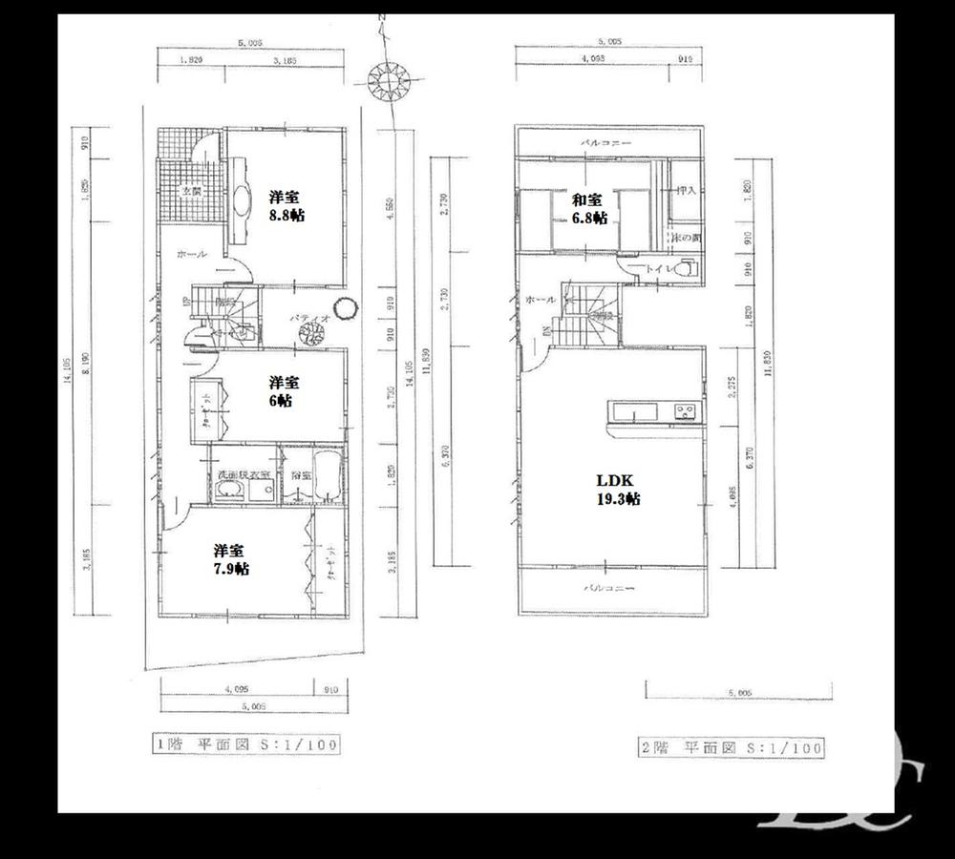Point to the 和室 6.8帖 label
pyautogui.click(x=588, y=209)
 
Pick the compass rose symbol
pyautogui.click(x=389, y=79)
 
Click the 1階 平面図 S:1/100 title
pyautogui.click(x=245, y=744)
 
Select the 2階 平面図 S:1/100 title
pyautogui.click(x=731, y=747)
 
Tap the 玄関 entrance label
pyautogui.click(x=192, y=191)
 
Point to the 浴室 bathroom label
pyautogui.click(x=302, y=473)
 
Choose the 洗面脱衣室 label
pyautogui.click(x=244, y=474)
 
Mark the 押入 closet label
pyautogui.click(x=685, y=191)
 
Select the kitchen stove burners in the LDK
pyautogui.click(x=686, y=412)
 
